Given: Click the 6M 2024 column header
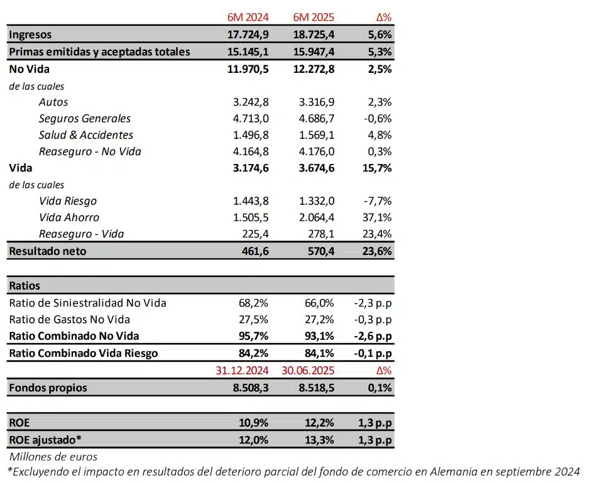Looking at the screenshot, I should point(248,17).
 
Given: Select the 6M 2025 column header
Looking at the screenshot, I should point(314,17).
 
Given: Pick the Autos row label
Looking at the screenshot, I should point(53,102).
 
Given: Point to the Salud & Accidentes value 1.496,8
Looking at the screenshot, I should point(250,134).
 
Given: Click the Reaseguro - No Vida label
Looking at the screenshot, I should point(90,151).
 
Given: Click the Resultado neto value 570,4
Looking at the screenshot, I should point(318,251).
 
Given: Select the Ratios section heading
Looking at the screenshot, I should point(25,286).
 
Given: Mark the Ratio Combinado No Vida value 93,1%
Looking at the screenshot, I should point(319,335).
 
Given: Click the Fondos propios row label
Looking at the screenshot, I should point(48,387).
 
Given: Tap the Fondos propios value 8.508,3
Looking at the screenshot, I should point(248,388).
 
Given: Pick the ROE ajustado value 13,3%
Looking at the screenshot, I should point(319,440).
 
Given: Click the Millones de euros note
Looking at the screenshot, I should point(53,457).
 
